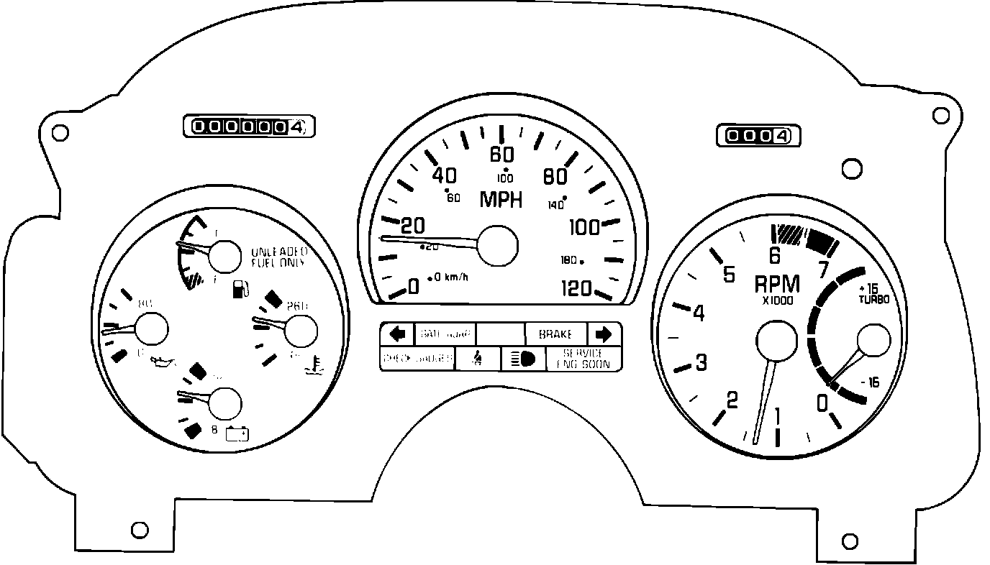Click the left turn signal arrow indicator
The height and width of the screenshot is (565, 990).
397,334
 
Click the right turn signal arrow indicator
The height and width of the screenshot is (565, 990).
604,334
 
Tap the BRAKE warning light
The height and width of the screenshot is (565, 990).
555,334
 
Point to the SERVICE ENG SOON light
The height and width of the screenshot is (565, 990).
583,359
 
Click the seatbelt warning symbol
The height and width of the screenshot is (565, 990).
477,358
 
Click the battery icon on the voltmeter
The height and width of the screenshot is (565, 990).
237,433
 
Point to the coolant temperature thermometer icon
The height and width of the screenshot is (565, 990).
312,367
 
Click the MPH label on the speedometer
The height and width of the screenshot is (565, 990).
501,199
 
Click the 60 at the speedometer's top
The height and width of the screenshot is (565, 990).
501,155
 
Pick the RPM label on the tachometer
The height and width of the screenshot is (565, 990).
777,284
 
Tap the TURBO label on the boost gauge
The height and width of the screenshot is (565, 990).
873,298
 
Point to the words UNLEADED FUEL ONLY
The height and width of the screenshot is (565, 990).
279,257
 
